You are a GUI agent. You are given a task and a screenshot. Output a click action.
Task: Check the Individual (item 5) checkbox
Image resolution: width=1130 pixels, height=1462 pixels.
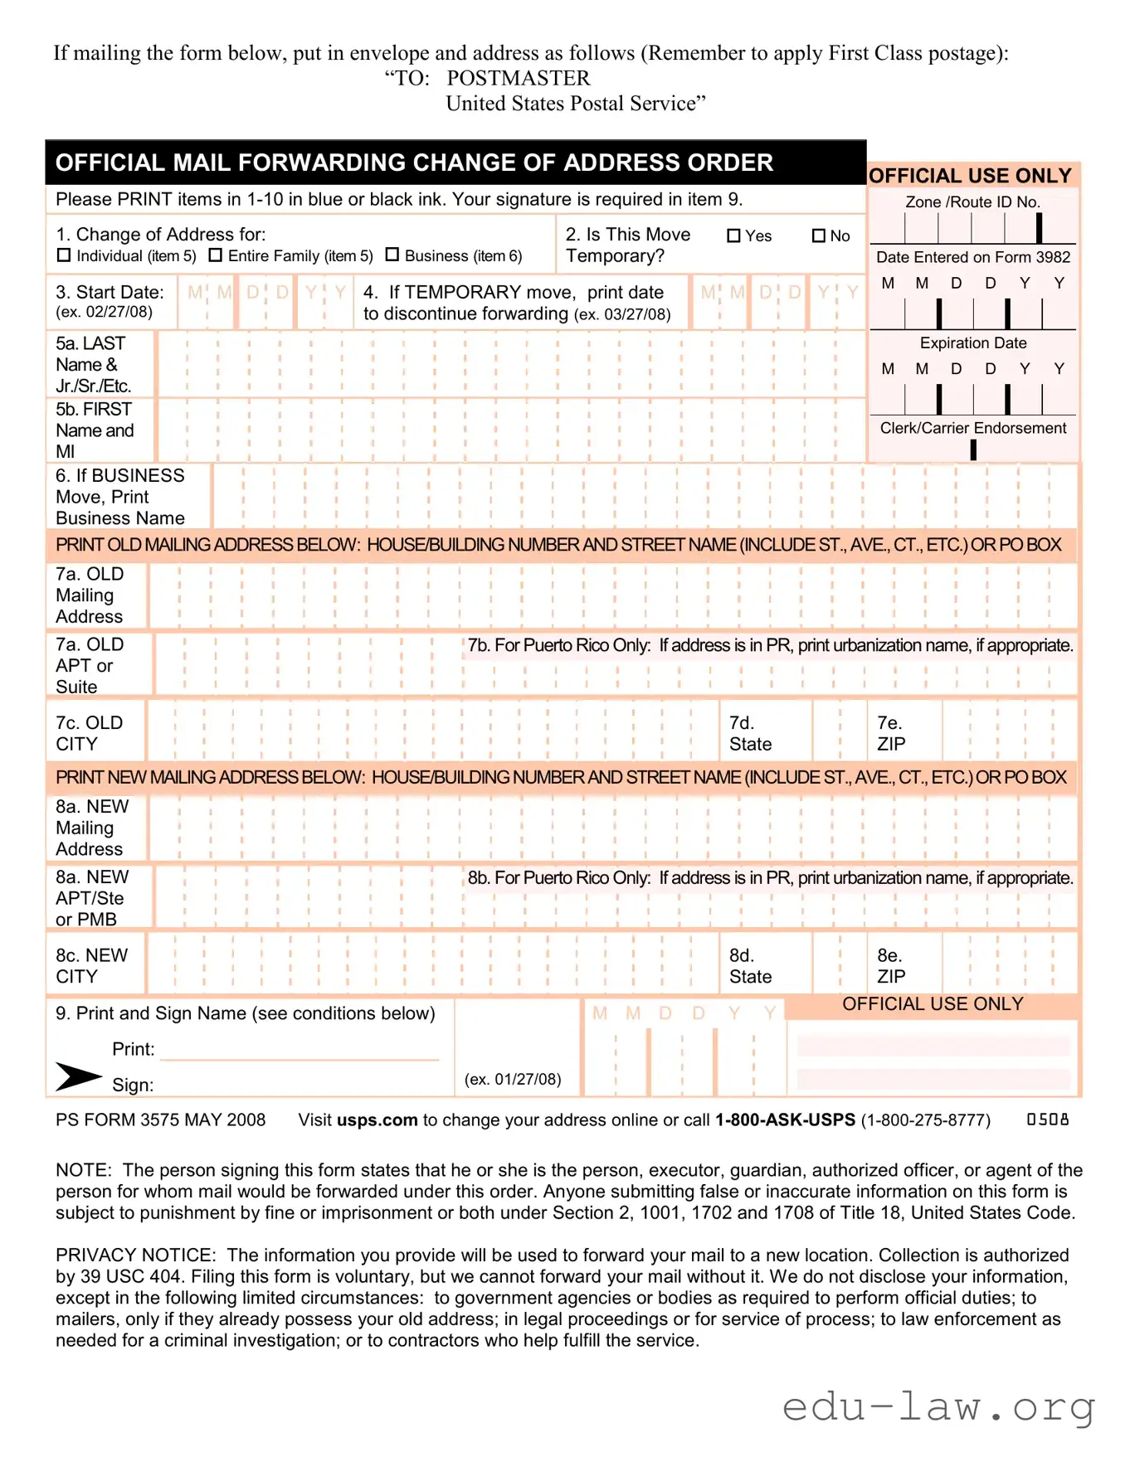click(x=64, y=255)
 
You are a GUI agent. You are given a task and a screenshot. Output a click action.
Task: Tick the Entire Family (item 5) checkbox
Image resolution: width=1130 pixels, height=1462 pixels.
click(x=216, y=255)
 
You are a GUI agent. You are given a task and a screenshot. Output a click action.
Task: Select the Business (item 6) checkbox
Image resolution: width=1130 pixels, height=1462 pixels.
click(x=392, y=255)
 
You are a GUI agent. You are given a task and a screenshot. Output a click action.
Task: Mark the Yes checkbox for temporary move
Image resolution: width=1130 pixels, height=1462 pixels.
click(x=733, y=236)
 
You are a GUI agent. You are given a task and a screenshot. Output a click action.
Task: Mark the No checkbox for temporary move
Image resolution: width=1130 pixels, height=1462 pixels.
click(x=819, y=236)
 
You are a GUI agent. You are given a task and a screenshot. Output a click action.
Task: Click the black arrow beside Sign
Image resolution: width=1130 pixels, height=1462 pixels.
click(x=78, y=1076)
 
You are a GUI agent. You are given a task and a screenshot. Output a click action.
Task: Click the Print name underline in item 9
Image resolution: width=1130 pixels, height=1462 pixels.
click(x=299, y=1059)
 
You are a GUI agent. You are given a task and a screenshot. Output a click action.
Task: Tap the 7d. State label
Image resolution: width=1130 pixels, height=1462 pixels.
click(x=750, y=734)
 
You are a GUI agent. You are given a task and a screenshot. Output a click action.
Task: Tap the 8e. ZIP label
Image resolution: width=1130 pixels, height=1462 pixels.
click(x=891, y=966)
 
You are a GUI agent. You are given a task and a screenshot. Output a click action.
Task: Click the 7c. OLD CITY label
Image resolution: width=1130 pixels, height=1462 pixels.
click(x=89, y=734)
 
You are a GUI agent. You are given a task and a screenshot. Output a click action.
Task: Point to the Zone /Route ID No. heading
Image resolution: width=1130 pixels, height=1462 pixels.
click(x=972, y=202)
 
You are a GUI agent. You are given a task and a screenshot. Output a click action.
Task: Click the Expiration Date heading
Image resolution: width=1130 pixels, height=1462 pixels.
click(x=973, y=343)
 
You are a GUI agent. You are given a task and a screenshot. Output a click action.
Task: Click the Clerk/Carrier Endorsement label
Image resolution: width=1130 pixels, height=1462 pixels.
click(x=973, y=429)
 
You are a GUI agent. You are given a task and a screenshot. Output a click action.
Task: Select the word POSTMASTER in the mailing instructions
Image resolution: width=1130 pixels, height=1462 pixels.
click(x=519, y=79)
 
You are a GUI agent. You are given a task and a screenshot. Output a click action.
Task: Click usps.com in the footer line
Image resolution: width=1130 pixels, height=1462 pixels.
click(x=377, y=1120)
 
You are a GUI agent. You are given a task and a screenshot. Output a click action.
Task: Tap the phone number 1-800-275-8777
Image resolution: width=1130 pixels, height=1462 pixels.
click(x=926, y=1120)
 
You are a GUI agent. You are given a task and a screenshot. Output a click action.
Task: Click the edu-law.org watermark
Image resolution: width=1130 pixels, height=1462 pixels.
click(x=938, y=1407)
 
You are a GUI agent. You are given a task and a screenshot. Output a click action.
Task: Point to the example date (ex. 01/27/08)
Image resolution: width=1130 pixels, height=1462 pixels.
click(x=513, y=1080)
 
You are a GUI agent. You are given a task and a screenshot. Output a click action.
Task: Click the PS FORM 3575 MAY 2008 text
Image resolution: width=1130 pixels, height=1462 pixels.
click(x=160, y=1120)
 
